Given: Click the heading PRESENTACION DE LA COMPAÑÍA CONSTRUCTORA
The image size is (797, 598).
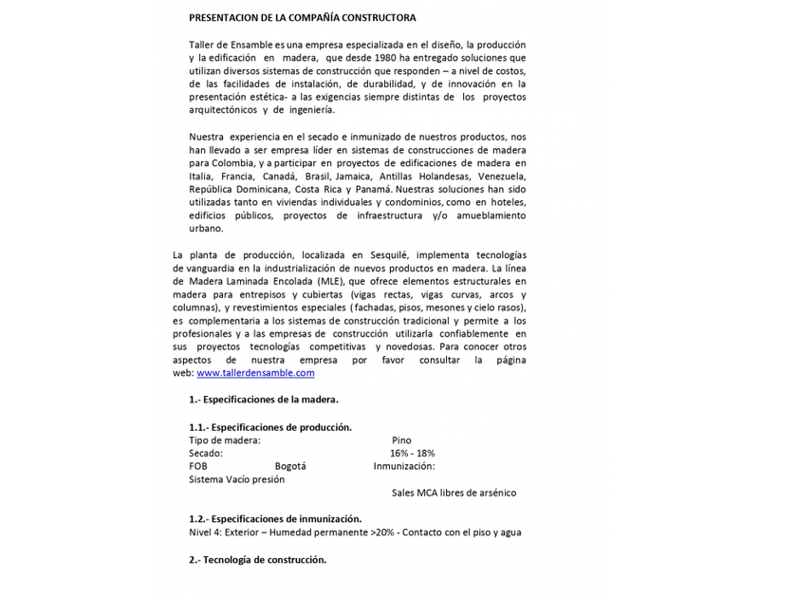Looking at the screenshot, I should (x=302, y=17).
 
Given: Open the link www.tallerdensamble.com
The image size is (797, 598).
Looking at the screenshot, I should (x=255, y=373).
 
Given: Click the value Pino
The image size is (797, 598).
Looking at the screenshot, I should (x=401, y=440).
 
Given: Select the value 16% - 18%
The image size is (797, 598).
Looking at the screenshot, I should (x=412, y=453).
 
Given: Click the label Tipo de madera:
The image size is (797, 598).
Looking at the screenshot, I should (x=224, y=440).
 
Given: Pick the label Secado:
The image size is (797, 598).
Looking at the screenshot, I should (x=206, y=453).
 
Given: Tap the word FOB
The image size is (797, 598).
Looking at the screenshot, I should (x=198, y=466).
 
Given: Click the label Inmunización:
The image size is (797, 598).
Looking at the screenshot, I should (x=404, y=466).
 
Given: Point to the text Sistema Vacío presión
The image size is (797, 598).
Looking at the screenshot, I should (x=236, y=479).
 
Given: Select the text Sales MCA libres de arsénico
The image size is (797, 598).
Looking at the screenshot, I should (x=454, y=493).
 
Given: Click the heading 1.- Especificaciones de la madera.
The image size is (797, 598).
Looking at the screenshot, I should (x=264, y=400).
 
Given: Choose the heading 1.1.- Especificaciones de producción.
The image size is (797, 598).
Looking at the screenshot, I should (x=270, y=427).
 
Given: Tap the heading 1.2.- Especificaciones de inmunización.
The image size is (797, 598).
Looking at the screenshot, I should (x=275, y=519).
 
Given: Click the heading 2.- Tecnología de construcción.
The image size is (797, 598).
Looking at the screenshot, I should (x=257, y=559).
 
